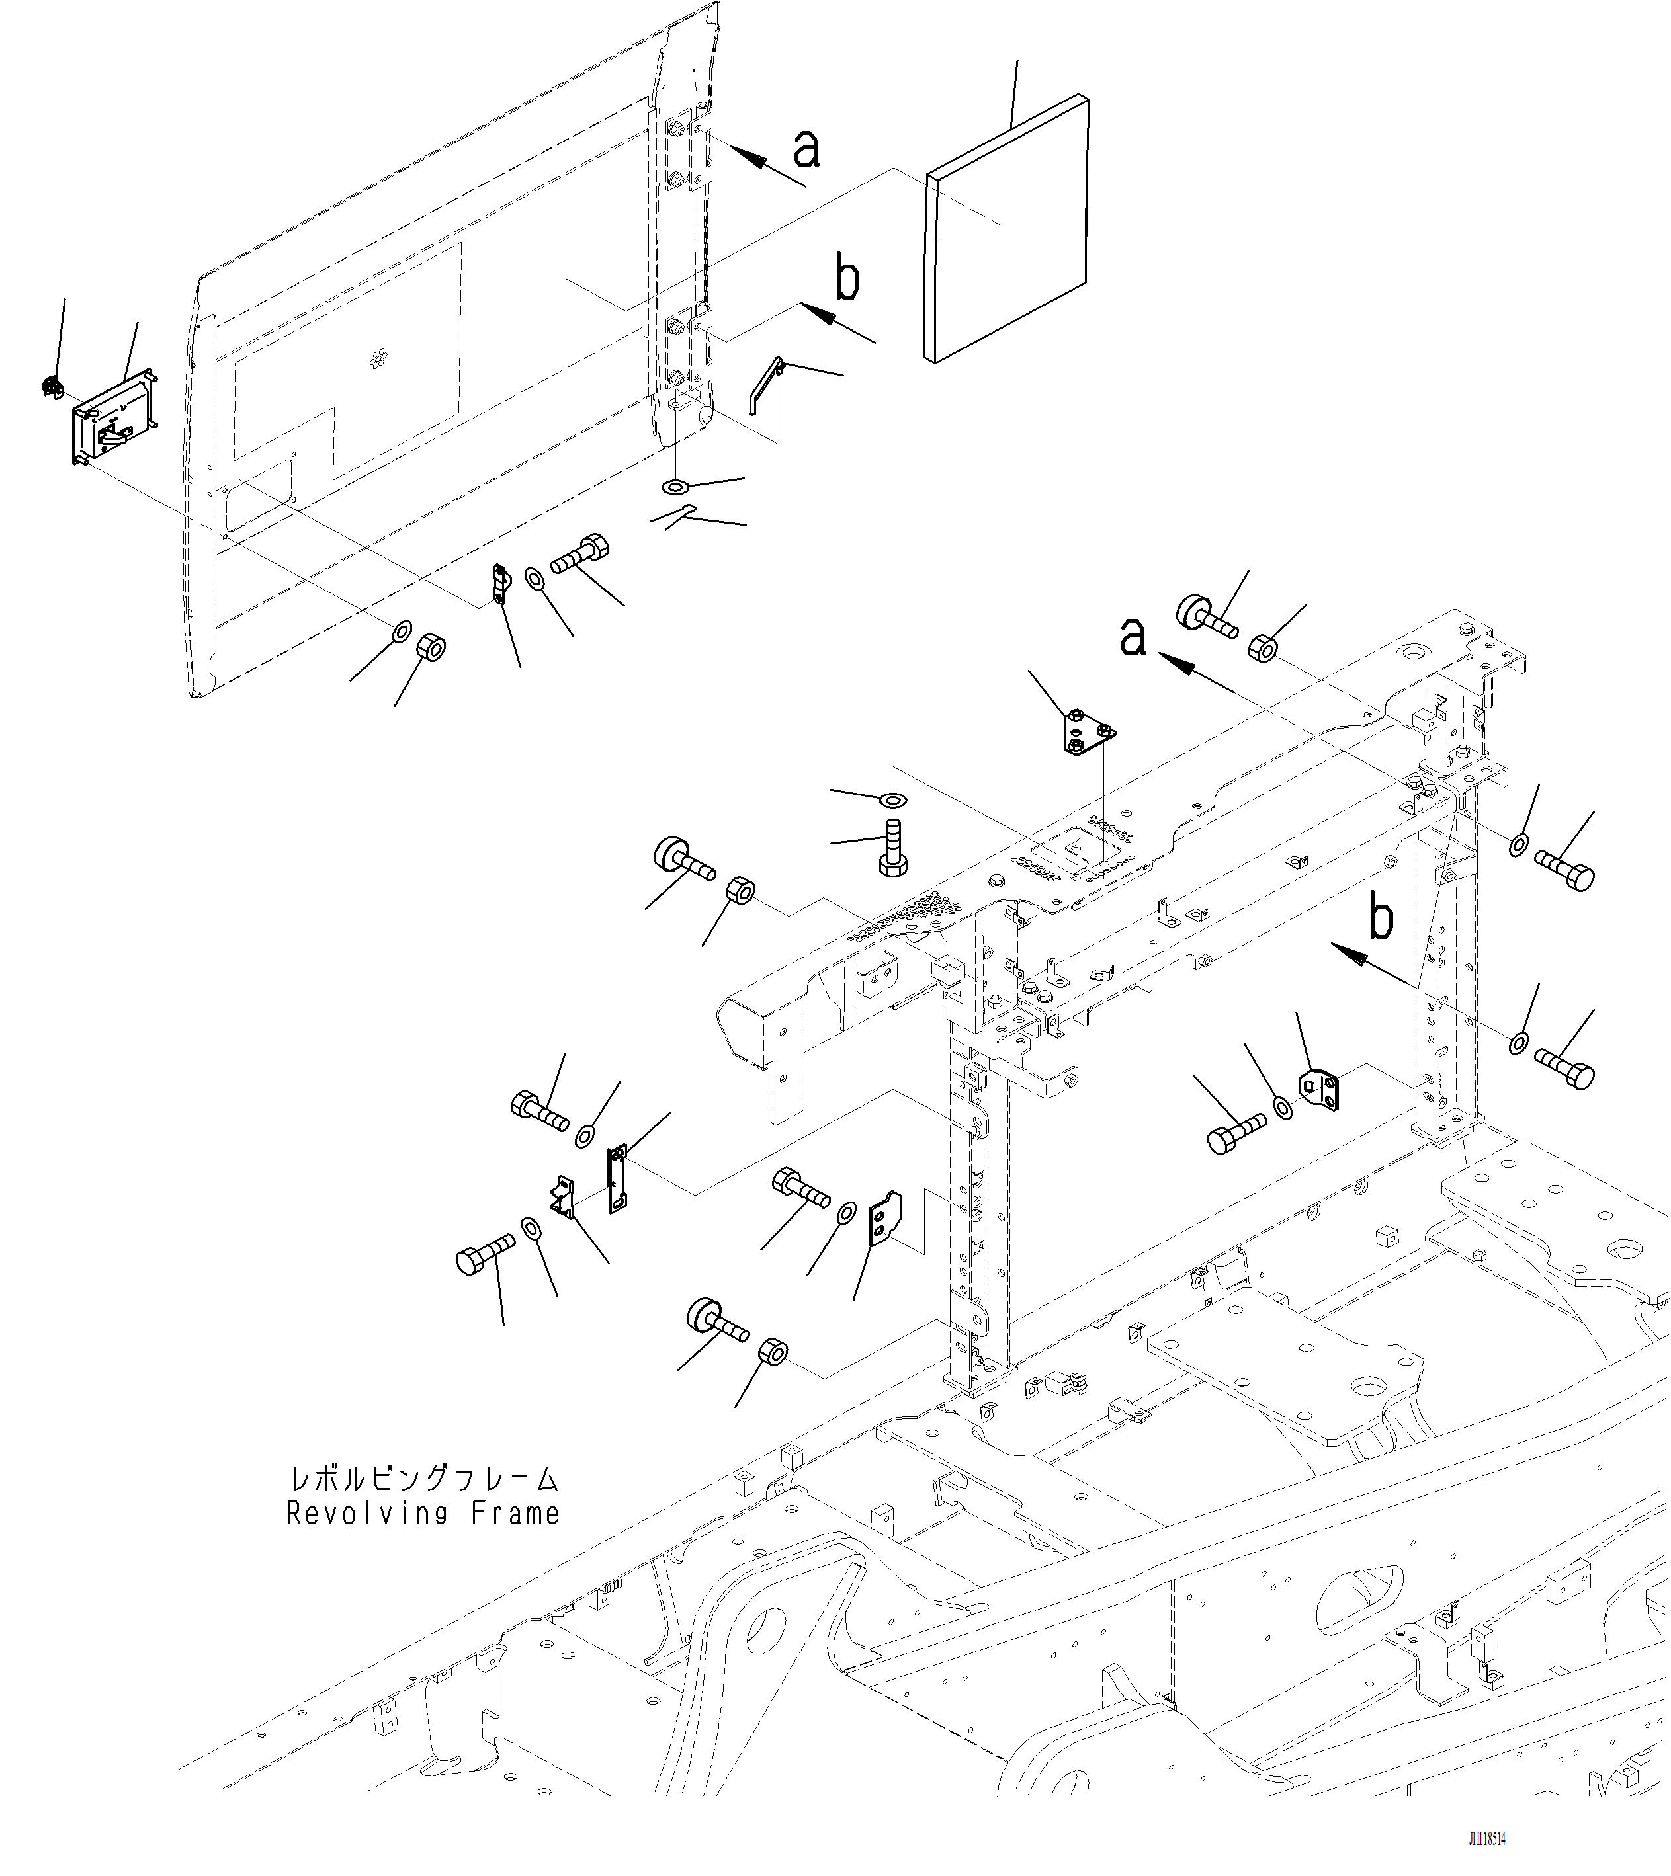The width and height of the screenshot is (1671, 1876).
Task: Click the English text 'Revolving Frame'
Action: (422, 1514)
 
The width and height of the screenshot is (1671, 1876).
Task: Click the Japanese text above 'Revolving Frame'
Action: (422, 1479)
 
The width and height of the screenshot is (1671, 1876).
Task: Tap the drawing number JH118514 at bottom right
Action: (1486, 1838)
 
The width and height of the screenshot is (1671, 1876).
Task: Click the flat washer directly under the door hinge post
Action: (677, 485)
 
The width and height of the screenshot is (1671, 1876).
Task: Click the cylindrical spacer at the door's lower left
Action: (431, 648)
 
